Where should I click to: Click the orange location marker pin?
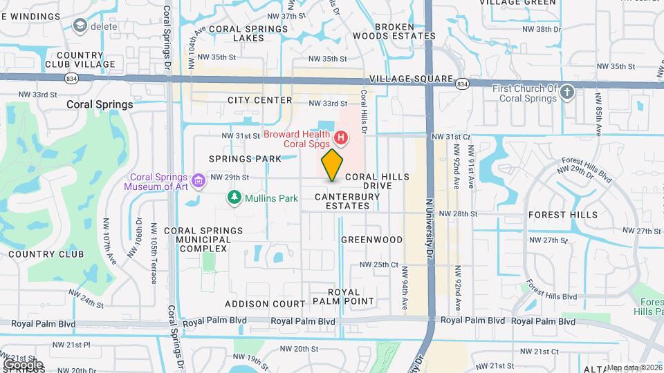[x=333, y=164]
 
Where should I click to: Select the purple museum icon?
[x=200, y=181]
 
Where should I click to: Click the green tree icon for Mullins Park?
[x=235, y=198]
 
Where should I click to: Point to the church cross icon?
[x=567, y=93]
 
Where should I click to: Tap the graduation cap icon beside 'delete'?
[x=80, y=26]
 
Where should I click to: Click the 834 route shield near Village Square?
[x=463, y=84]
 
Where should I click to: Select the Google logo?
[x=22, y=364]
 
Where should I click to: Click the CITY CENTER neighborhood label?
[x=260, y=100]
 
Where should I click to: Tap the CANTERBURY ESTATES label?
[x=347, y=201]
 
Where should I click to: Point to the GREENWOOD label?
[x=371, y=240]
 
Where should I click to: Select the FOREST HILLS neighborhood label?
[x=562, y=215]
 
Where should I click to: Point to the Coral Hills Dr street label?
[x=364, y=111]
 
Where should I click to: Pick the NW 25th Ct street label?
[x=379, y=265]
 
